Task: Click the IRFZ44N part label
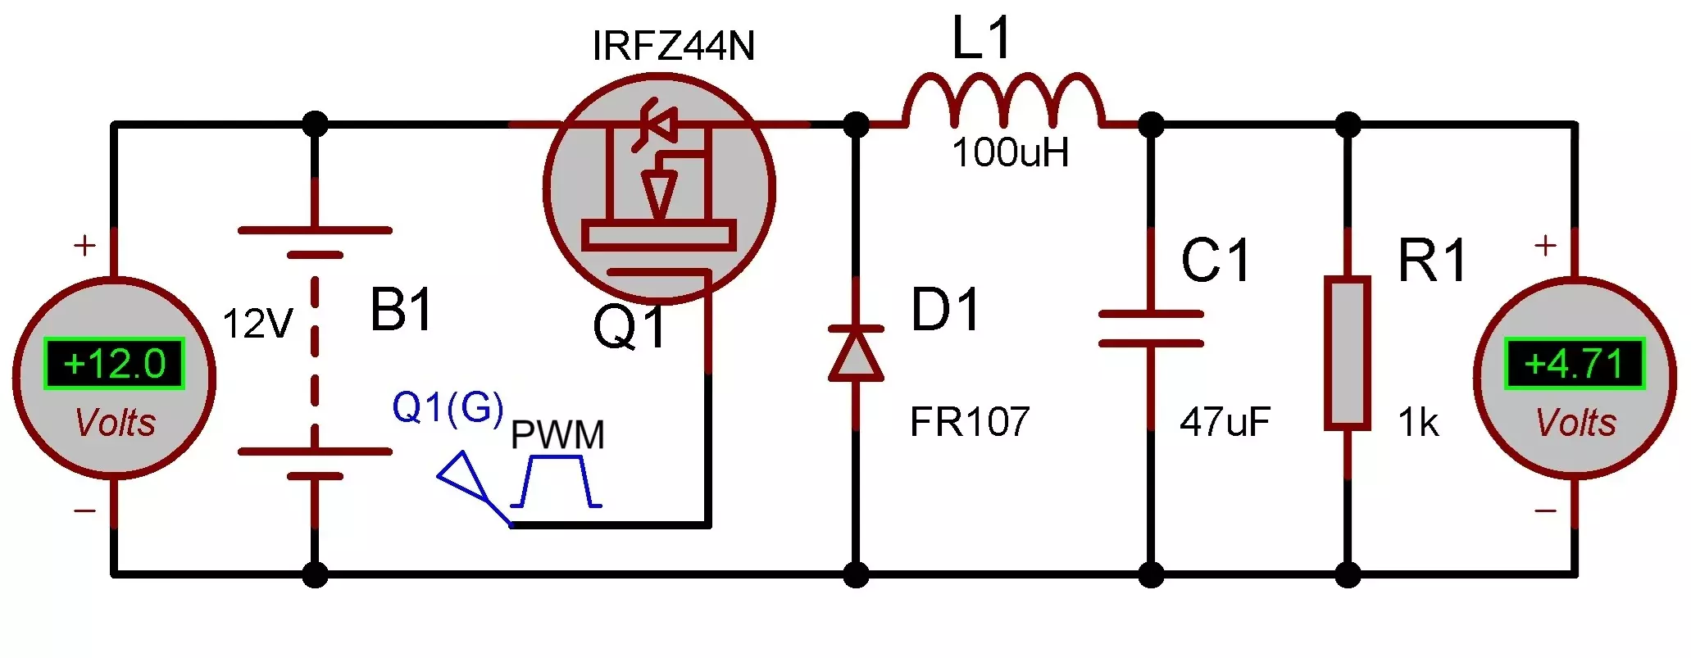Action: pyautogui.click(x=673, y=46)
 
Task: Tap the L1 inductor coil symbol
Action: pyautogui.click(x=1004, y=101)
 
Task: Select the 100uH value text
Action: pyautogui.click(x=1010, y=153)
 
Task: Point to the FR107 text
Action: pyautogui.click(x=970, y=423)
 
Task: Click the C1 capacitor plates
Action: pyautogui.click(x=1151, y=329)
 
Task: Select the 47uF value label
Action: pyautogui.click(x=1225, y=423)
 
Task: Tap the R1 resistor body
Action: pyautogui.click(x=1348, y=352)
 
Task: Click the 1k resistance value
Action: pyautogui.click(x=1418, y=423)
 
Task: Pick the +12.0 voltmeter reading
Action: pyautogui.click(x=114, y=364)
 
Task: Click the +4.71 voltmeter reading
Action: pyautogui.click(x=1574, y=364)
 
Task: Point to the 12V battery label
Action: pyautogui.click(x=257, y=324)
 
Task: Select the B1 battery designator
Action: pyautogui.click(x=401, y=311)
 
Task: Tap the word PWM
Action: pyautogui.click(x=557, y=435)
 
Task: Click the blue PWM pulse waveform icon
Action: pyautogui.click(x=557, y=483)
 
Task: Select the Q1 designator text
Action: pyautogui.click(x=630, y=329)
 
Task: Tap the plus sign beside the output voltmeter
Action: pyautogui.click(x=1545, y=245)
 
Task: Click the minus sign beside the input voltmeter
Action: pyautogui.click(x=84, y=511)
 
